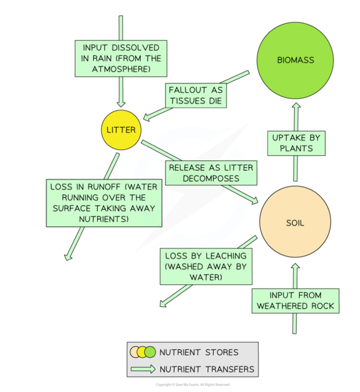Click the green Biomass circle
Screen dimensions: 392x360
pyautogui.click(x=295, y=60)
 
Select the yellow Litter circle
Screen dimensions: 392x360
pyautogui.click(x=121, y=130)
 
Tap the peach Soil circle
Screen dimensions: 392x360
pyautogui.click(x=295, y=222)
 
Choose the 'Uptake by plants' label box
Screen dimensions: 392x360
pyautogui.click(x=296, y=143)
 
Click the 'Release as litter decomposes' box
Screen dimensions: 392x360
pyautogui.click(x=211, y=173)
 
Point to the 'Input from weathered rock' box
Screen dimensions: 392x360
pyautogui.click(x=295, y=301)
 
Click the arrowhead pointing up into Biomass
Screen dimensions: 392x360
pyautogui.click(x=295, y=106)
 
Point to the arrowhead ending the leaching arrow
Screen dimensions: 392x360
pyautogui.click(x=164, y=303)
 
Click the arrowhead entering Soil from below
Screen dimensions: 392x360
pyautogui.click(x=295, y=268)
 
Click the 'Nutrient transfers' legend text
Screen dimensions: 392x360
pyautogui.click(x=207, y=369)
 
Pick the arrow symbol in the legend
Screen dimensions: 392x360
pyautogui.click(x=143, y=369)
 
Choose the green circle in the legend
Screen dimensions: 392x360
pyautogui.click(x=150, y=351)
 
